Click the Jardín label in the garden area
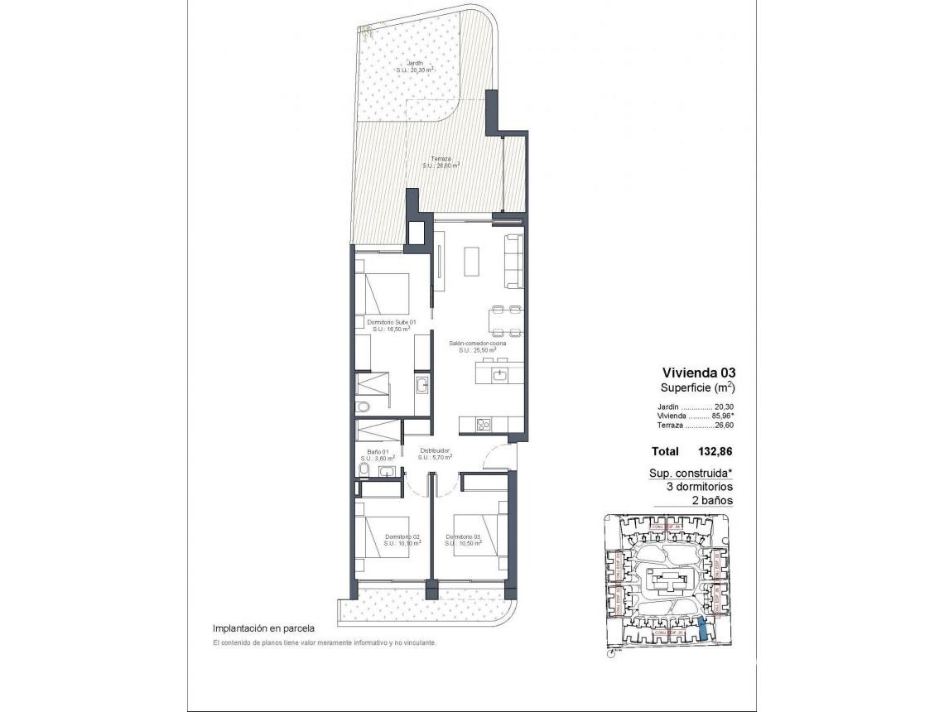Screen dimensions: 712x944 [415, 63]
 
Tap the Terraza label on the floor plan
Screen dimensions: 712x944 [441, 159]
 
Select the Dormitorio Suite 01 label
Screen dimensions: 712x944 [390, 322]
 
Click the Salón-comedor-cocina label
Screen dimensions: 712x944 [478, 343]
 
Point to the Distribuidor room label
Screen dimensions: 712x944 [434, 451]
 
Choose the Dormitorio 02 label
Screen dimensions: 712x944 [402, 536]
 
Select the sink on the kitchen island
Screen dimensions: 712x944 [499, 375]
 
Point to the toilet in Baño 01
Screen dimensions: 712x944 [362, 470]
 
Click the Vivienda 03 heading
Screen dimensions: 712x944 [698, 373]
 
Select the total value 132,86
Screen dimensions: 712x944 [715, 451]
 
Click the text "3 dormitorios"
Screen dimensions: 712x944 [700, 487]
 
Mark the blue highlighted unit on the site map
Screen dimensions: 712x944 [703, 631]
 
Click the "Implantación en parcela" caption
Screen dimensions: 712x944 [263, 628]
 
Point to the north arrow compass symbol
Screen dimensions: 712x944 [610, 652]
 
